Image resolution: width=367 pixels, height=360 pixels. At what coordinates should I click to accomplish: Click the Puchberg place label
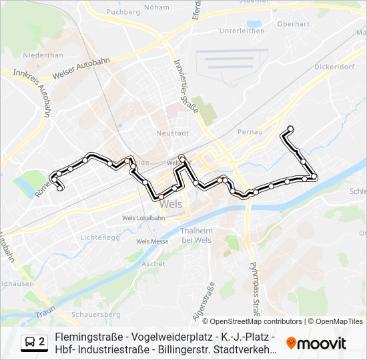[x=122, y=11]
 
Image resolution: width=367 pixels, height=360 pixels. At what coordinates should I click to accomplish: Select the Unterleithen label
[x=242, y=31]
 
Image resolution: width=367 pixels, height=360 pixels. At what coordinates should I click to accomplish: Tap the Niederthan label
[x=43, y=55]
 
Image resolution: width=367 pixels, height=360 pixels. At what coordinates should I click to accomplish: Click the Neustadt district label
[x=169, y=133]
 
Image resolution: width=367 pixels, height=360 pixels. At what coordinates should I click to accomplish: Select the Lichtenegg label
[x=99, y=237]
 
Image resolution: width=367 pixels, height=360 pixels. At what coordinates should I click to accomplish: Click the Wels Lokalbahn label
[x=143, y=218]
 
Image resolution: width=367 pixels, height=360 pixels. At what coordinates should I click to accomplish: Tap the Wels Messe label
[x=152, y=241]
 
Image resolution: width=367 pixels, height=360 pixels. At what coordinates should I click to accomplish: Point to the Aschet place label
[x=153, y=264]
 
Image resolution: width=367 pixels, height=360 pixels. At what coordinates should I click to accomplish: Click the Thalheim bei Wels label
[x=196, y=235]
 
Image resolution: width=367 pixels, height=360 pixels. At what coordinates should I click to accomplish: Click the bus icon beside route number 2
[x=31, y=342]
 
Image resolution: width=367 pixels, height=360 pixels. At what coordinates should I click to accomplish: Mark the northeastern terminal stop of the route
[x=290, y=129]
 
